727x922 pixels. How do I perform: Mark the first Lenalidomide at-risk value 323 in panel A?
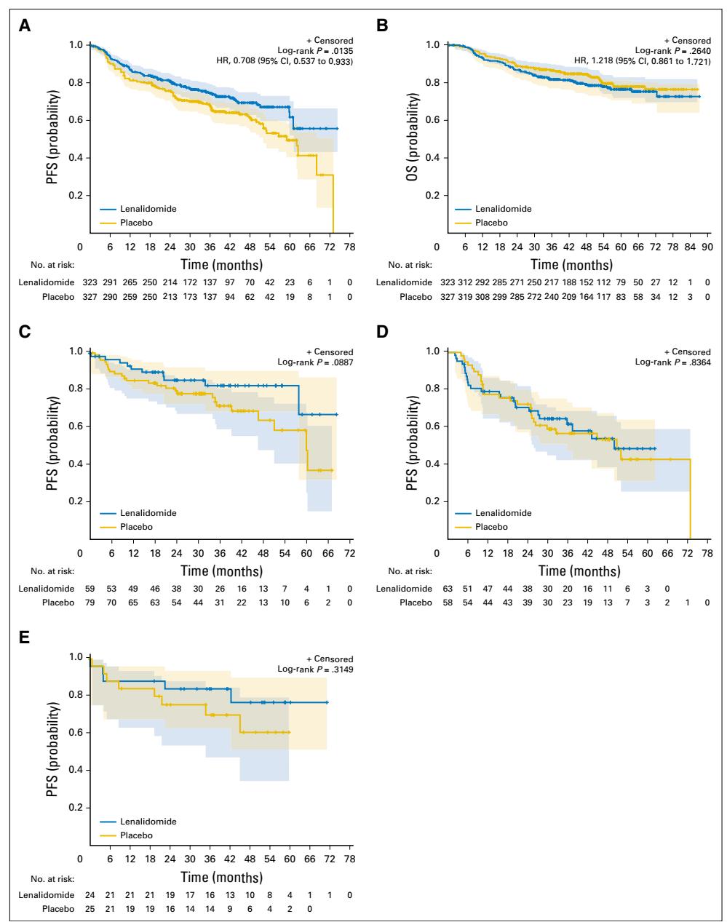(90, 281)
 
